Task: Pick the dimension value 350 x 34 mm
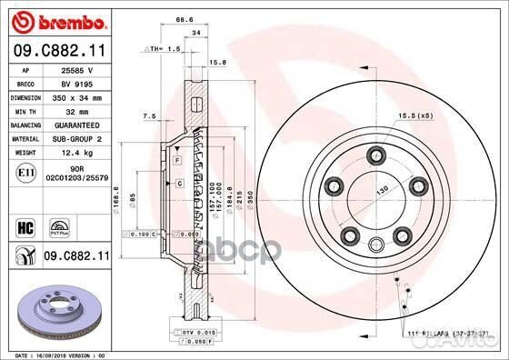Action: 78,96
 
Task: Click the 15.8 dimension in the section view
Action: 218,63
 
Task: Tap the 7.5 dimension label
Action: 149,115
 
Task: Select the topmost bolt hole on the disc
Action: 374,157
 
